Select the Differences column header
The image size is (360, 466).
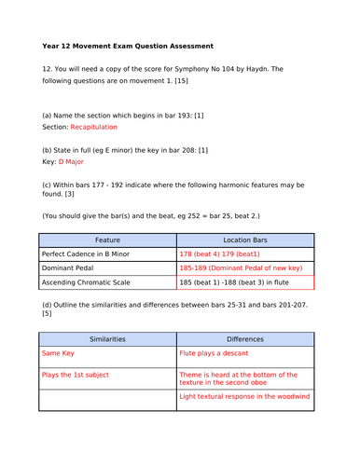245,339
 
